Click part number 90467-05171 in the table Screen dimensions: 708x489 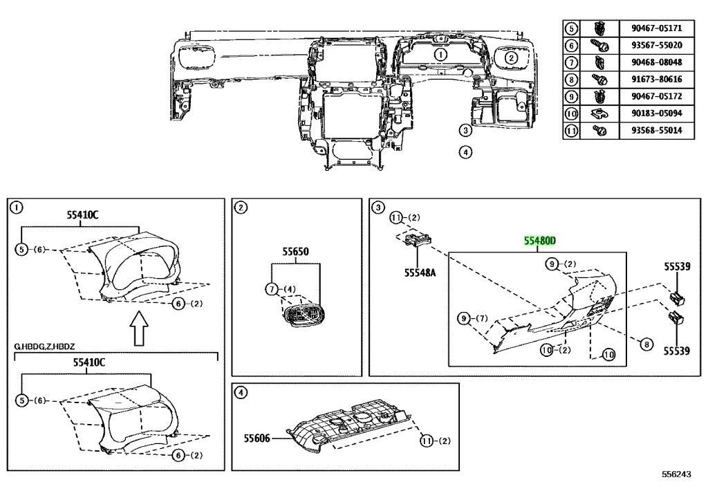click(x=656, y=28)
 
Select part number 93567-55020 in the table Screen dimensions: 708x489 click(x=656, y=45)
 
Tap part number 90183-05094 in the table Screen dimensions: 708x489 click(x=656, y=113)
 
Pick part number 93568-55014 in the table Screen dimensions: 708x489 click(x=656, y=131)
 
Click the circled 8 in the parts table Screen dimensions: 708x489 click(x=571, y=80)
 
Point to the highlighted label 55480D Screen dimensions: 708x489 click(x=539, y=241)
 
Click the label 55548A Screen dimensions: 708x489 click(x=420, y=273)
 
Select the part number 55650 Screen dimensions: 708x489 click(x=296, y=252)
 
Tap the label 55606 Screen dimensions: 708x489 click(x=257, y=438)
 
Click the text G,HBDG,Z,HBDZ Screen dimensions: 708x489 click(x=44, y=347)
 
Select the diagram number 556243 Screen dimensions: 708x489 click(x=676, y=474)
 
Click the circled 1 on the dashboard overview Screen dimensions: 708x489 click(x=440, y=55)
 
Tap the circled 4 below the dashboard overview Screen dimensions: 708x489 click(x=465, y=152)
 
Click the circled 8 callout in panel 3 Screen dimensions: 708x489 click(x=646, y=344)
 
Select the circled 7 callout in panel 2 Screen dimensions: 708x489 click(x=271, y=289)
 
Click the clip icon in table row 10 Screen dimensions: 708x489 click(x=598, y=113)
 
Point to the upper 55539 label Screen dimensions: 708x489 click(x=677, y=266)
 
